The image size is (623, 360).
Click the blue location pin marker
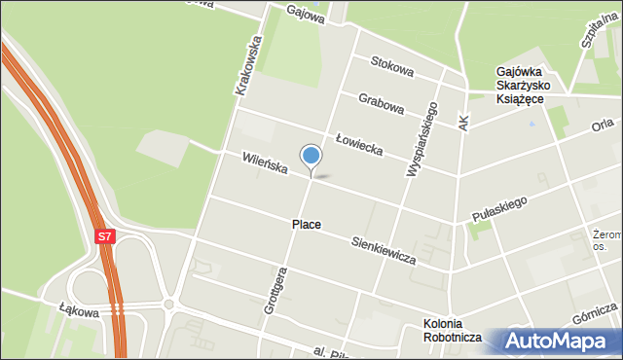pyautogui.click(x=311, y=157)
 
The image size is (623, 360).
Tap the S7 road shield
pyautogui.click(x=105, y=235)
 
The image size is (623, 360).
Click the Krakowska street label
pyautogui.click(x=249, y=65)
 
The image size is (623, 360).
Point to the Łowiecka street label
pyautogui.click(x=358, y=145)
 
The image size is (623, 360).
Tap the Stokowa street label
pyautogui.click(x=392, y=69)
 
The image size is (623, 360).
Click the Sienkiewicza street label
pyautogui.click(x=384, y=250)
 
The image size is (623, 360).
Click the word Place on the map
pyautogui.click(x=306, y=225)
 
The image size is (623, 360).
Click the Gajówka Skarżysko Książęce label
pyautogui.click(x=524, y=86)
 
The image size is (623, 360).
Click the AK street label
pyautogui.click(x=463, y=122)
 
